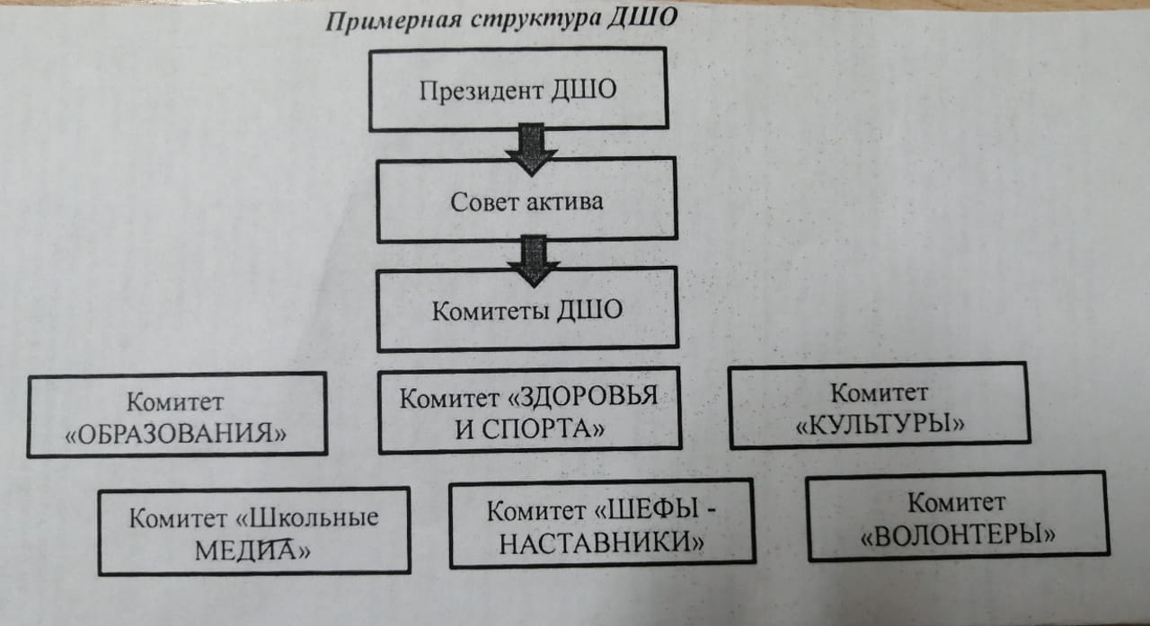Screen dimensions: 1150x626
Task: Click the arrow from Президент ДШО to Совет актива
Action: pos(531,149)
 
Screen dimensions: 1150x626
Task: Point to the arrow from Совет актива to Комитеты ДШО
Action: pos(534,261)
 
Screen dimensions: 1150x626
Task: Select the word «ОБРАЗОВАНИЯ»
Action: pos(175,434)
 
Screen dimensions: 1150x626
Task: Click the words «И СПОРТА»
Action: pos(529,429)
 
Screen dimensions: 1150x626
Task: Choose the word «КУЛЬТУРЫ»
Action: pos(880,424)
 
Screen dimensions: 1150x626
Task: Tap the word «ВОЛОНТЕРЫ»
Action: pos(958,535)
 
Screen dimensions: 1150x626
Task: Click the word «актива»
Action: pos(565,201)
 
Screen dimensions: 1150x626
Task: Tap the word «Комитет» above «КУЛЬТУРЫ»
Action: pos(880,393)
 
